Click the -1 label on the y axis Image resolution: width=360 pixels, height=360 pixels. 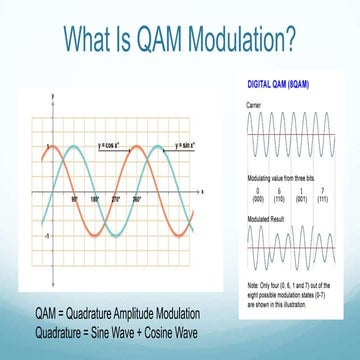[x=47, y=234]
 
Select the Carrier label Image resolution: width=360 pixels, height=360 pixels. [x=254, y=104]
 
